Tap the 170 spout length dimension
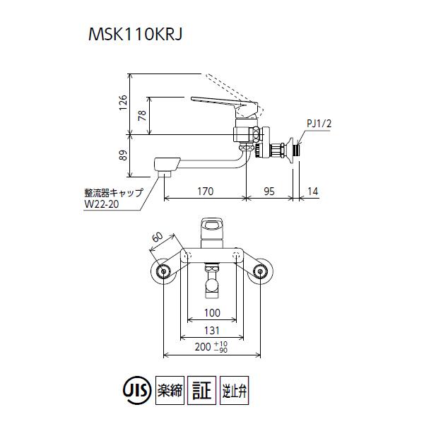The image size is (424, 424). pyautogui.click(x=205, y=192)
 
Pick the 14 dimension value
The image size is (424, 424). pyautogui.click(x=313, y=192)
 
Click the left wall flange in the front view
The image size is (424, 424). pyautogui.click(x=164, y=271)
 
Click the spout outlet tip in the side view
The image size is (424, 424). pyautogui.click(x=165, y=170)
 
